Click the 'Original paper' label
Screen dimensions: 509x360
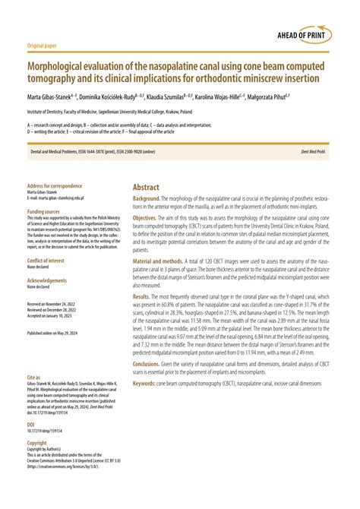click(x=43, y=45)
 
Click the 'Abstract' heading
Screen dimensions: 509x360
click(x=146, y=186)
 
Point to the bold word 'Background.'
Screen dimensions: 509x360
click(x=149, y=198)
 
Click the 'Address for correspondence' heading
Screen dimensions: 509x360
click(x=54, y=187)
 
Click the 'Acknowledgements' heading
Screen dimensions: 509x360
click(x=47, y=280)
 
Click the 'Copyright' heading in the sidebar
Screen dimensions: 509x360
click(x=37, y=443)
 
